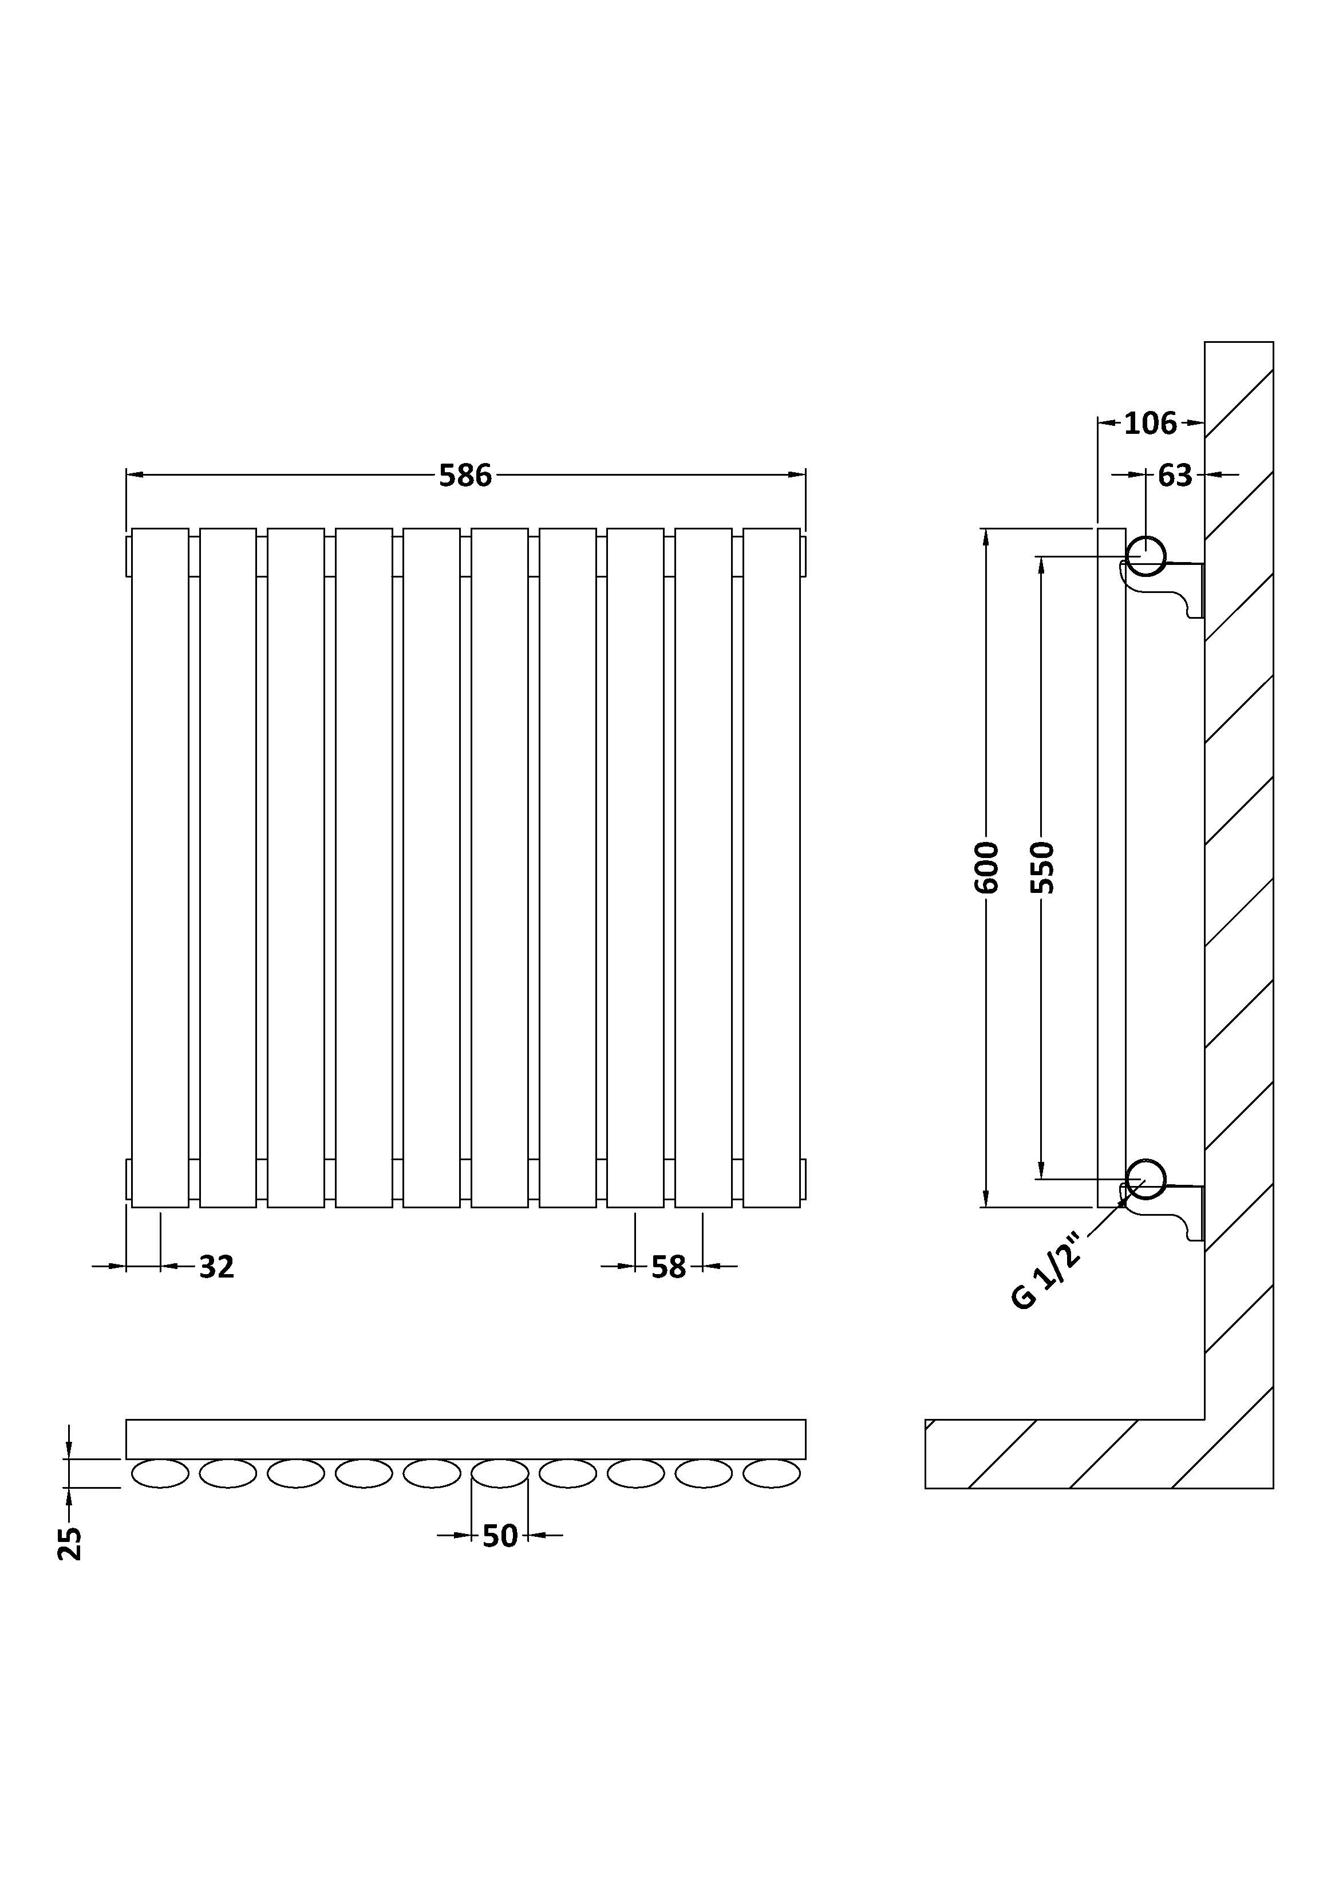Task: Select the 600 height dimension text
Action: (x=987, y=867)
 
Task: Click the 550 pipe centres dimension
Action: (x=1043, y=867)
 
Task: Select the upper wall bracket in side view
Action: (x=1163, y=589)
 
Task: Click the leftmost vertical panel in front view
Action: (x=160, y=868)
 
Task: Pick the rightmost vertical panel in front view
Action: (x=771, y=868)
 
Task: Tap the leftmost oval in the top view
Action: (x=160, y=1473)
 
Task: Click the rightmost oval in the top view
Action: (x=771, y=1473)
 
